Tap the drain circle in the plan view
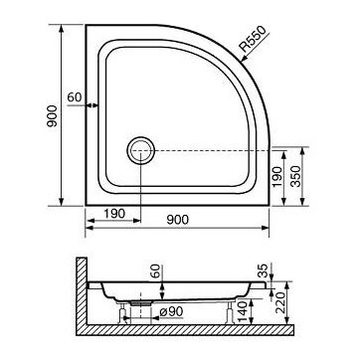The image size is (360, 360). pos(140,150)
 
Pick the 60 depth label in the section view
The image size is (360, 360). pos(154,270)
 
